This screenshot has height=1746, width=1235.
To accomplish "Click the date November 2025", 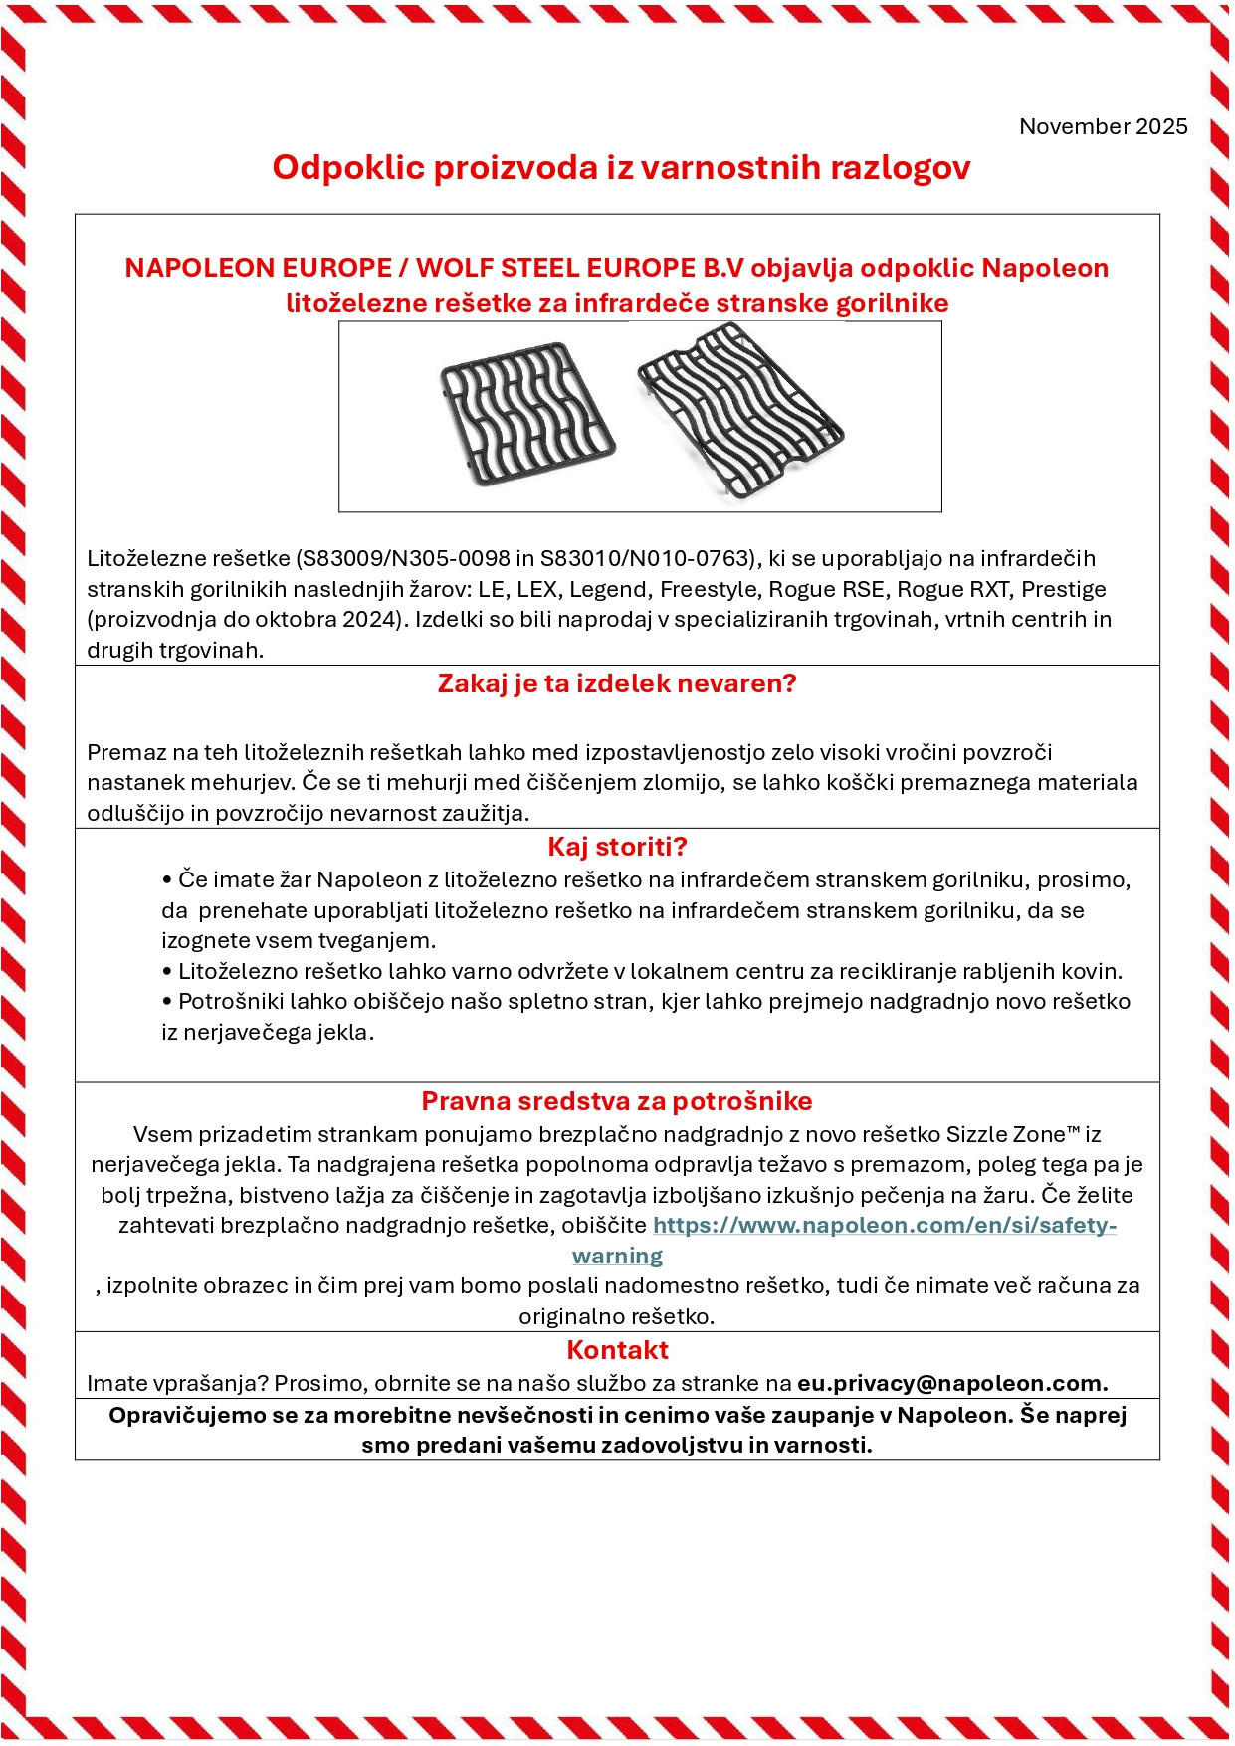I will click(1103, 126).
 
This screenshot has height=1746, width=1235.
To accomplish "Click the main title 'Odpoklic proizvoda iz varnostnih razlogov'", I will click(621, 167).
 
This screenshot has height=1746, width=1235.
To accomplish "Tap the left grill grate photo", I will click(526, 411).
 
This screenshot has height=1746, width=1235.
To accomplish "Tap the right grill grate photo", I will click(740, 409).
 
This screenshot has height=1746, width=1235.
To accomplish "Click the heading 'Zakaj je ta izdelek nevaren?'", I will click(617, 683).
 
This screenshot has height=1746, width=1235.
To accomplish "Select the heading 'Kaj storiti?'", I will click(617, 847).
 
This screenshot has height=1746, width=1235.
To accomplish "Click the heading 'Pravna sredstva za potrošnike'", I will click(617, 1101).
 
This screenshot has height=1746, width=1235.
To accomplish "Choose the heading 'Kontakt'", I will click(617, 1350).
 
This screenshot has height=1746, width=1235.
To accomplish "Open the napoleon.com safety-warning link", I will click(884, 1226).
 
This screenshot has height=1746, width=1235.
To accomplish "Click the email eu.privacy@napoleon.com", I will click(952, 1383).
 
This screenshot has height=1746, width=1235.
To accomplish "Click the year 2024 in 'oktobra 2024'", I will click(370, 619).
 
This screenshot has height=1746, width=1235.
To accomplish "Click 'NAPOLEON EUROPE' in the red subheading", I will click(258, 268).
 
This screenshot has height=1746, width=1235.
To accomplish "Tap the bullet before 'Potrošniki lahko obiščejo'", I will click(167, 1002).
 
